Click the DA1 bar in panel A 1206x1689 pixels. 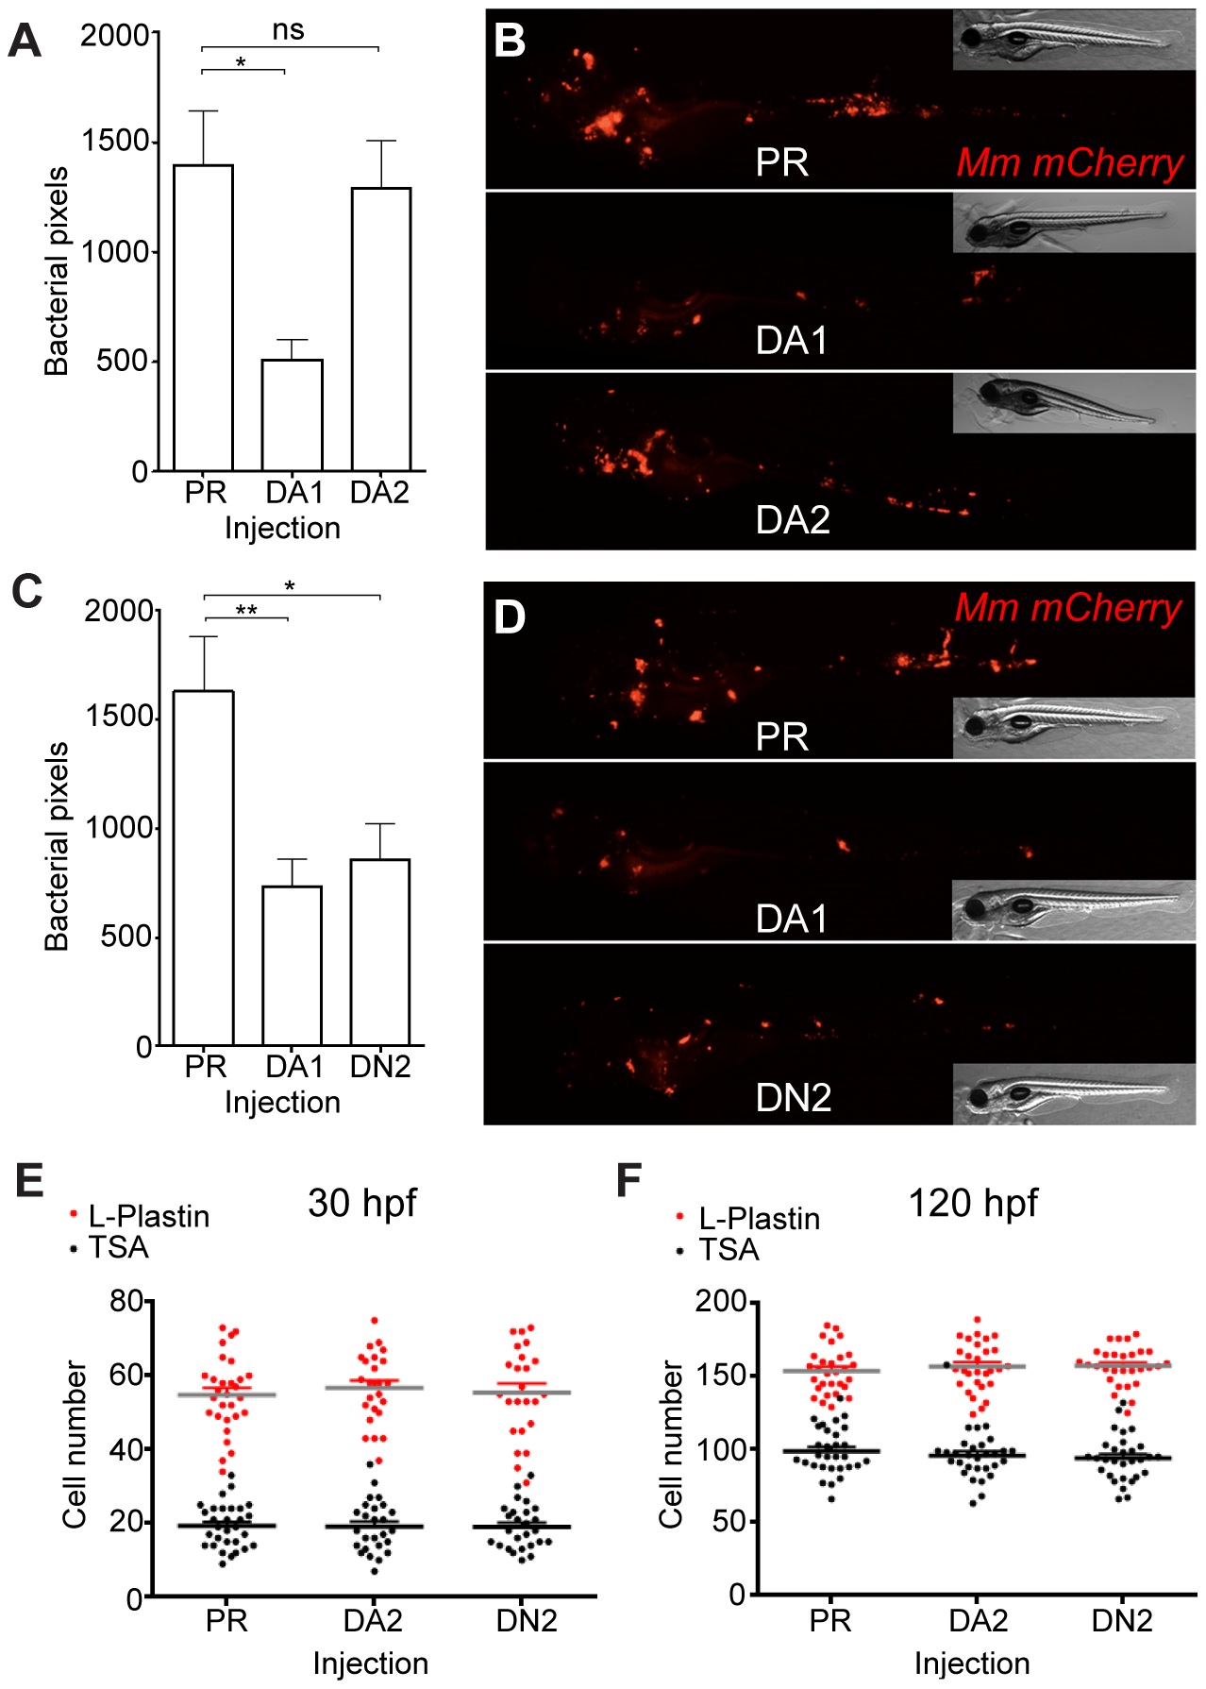(292, 415)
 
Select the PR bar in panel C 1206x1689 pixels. (205, 869)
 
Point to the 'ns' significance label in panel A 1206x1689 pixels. (288, 30)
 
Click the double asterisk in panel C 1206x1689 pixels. (246, 610)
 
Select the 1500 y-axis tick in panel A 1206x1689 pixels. (116, 142)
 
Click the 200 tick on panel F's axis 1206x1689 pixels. (720, 1302)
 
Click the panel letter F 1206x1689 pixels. (628, 1180)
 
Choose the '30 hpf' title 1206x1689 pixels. (361, 1203)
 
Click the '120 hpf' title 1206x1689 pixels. (972, 1203)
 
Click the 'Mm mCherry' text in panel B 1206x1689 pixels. (1069, 162)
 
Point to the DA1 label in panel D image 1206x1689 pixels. (792, 919)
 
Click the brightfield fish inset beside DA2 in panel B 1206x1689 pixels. (1074, 403)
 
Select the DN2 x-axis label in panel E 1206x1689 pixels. (527, 1620)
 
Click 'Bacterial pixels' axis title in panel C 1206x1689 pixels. (57, 846)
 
